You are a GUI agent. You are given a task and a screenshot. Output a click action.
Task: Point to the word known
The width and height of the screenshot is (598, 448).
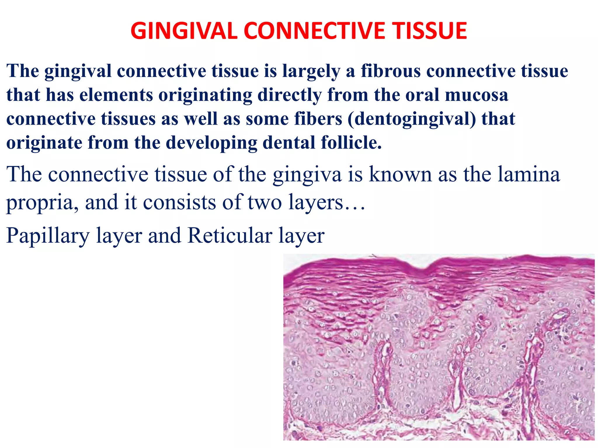pos(400,174)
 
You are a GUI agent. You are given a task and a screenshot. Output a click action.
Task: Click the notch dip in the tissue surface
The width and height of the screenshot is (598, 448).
pos(420,267)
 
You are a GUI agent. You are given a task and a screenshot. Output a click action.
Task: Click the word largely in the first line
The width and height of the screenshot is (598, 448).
pos(311,71)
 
